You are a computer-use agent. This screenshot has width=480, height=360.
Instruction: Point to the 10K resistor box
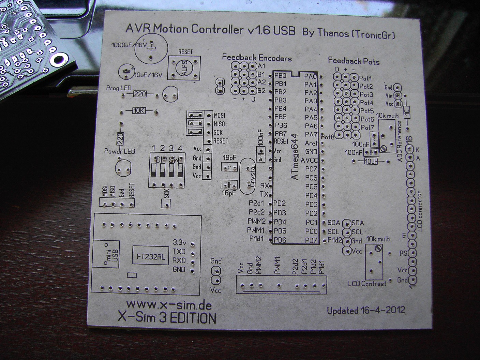(139, 111)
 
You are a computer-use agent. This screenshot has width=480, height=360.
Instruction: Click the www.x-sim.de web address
(169, 304)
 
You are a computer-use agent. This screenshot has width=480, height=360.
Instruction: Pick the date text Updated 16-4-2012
(366, 310)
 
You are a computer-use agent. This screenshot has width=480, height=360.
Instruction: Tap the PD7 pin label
(311, 240)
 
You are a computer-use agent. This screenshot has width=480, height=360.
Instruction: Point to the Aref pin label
(311, 143)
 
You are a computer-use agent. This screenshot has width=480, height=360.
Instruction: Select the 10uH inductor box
(371, 161)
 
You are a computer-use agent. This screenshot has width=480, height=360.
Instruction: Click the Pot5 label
(367, 111)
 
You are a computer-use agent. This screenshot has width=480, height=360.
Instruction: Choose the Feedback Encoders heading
(257, 58)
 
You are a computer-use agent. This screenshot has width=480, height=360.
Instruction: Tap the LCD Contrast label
(367, 284)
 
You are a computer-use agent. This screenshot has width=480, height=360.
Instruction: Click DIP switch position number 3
(171, 148)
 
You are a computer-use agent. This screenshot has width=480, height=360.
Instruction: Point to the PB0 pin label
(280, 76)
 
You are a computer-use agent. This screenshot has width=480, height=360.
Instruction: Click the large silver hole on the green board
(58, 59)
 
